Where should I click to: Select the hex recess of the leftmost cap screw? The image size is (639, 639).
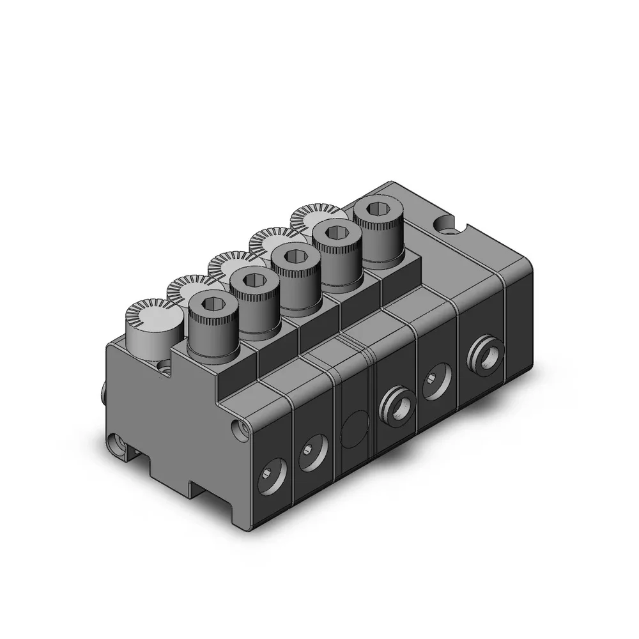tap(212, 305)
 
